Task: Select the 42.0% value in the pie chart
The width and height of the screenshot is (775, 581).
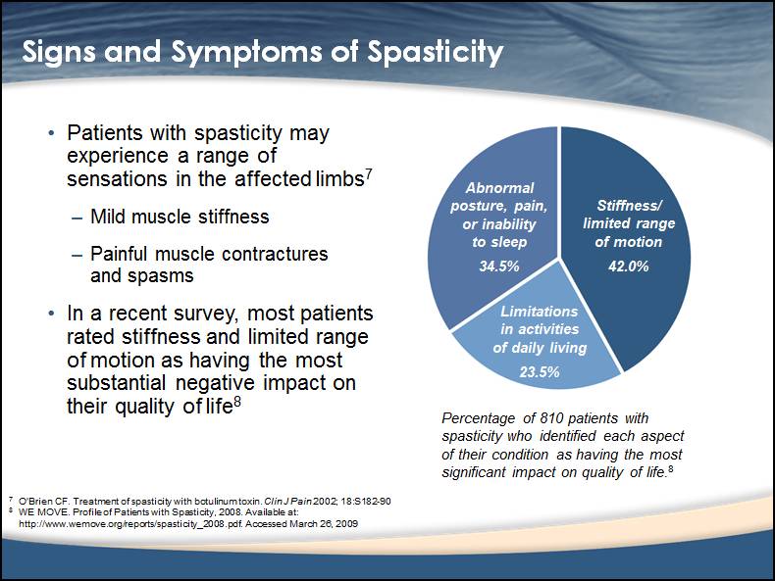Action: pos(629,266)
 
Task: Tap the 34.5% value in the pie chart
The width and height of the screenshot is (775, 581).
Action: pos(499,266)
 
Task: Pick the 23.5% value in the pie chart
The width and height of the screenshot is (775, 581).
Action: pos(540,371)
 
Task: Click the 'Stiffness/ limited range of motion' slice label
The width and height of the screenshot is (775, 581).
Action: pos(629,223)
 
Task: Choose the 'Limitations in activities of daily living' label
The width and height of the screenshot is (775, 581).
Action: pos(540,329)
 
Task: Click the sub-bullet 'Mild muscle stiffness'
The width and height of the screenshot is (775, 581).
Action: pos(180,216)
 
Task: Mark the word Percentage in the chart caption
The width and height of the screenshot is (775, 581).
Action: pos(477,418)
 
